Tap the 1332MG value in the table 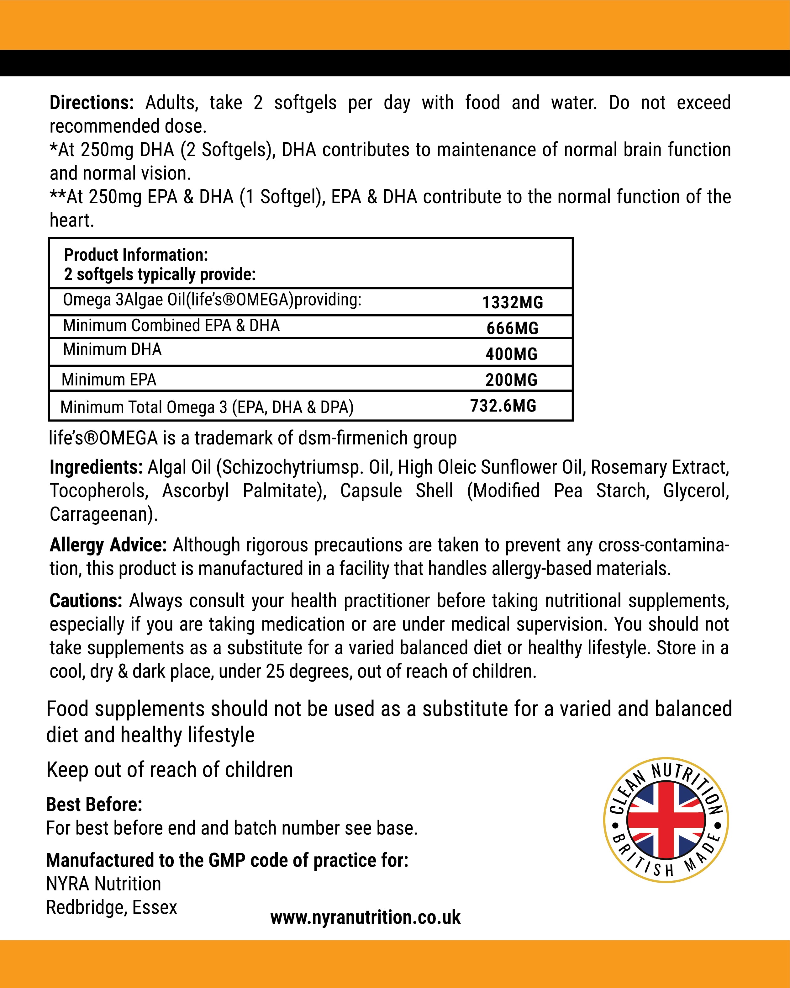pyautogui.click(x=513, y=302)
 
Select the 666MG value pyautogui.click(x=513, y=328)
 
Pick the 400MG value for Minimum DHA pyautogui.click(x=512, y=354)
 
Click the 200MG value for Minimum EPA pyautogui.click(x=512, y=380)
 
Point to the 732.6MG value pyautogui.click(x=503, y=406)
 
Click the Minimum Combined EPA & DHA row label pyautogui.click(x=171, y=325)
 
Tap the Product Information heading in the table pyautogui.click(x=136, y=255)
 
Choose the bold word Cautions pyautogui.click(x=86, y=601)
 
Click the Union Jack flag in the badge pyautogui.click(x=666, y=820)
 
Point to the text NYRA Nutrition pyautogui.click(x=103, y=884)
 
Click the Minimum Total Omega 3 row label pyautogui.click(x=207, y=407)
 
